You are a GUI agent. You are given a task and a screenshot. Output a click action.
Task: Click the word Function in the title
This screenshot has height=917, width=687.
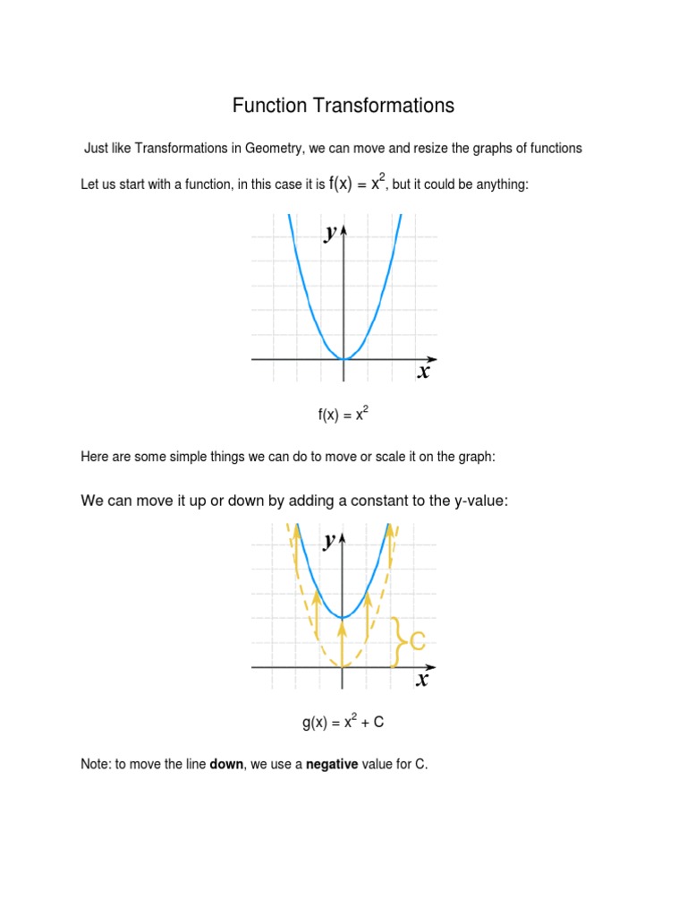269,106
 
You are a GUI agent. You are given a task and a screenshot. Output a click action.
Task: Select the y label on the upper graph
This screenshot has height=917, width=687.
331,233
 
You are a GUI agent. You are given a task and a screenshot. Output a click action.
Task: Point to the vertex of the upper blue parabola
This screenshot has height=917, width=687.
343,358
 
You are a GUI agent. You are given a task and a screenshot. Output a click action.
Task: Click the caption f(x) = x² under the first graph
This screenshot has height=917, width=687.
343,415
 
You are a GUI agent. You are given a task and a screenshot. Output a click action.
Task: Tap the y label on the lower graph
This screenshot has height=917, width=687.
331,540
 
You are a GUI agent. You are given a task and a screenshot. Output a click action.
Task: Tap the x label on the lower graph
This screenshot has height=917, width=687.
422,680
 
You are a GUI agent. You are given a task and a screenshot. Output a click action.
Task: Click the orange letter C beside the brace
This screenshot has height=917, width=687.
416,641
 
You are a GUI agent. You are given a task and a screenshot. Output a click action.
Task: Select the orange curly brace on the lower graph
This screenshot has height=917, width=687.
399,641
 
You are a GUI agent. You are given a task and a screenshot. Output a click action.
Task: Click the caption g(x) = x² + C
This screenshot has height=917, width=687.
343,722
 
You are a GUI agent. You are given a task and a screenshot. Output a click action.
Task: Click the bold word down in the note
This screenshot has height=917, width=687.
226,766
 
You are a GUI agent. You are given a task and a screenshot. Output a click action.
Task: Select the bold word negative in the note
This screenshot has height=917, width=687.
333,766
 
